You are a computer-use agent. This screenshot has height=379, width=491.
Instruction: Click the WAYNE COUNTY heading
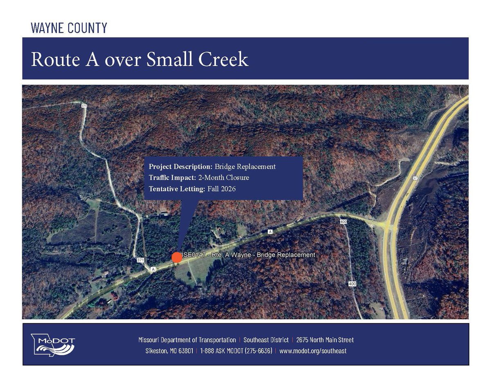click(x=69, y=28)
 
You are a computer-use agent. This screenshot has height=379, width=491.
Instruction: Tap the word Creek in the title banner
click(x=223, y=60)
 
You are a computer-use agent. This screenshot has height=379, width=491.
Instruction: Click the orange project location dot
click(x=177, y=257)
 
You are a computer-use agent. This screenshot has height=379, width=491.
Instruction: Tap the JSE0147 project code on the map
click(x=194, y=255)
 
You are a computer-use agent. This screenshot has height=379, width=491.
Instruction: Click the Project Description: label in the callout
click(x=180, y=167)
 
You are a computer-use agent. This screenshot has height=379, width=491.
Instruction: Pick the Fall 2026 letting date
click(x=221, y=189)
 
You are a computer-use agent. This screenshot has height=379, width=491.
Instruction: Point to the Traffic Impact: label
click(x=171, y=178)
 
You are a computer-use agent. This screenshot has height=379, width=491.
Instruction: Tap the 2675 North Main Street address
click(x=325, y=340)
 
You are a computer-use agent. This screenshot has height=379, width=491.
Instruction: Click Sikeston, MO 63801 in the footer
click(x=169, y=351)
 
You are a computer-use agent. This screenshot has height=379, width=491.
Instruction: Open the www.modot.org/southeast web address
click(x=313, y=351)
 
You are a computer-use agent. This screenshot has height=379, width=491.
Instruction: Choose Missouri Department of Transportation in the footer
click(x=187, y=340)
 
